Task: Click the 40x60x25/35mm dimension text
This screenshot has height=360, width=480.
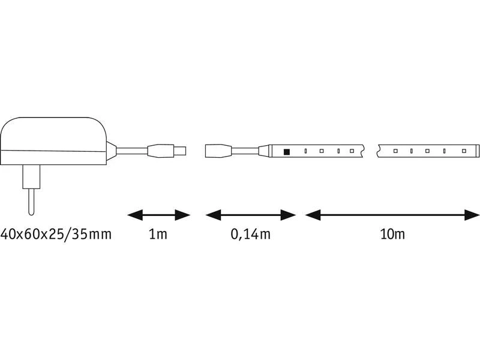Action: pos(56,233)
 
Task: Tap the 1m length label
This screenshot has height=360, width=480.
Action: pos(158,233)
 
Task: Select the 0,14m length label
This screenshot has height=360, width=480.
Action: pos(251,233)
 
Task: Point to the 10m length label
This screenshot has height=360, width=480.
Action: pos(392,233)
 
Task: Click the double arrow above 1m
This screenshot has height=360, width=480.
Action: pos(158,214)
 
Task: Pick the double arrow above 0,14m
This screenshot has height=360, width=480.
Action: pos(251,214)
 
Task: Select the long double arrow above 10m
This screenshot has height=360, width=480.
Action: pos(392,214)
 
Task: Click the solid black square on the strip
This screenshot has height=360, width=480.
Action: pos(287,151)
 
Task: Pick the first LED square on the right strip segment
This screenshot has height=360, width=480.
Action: pos(396,151)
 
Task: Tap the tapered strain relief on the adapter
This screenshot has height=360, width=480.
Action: pos(110,150)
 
